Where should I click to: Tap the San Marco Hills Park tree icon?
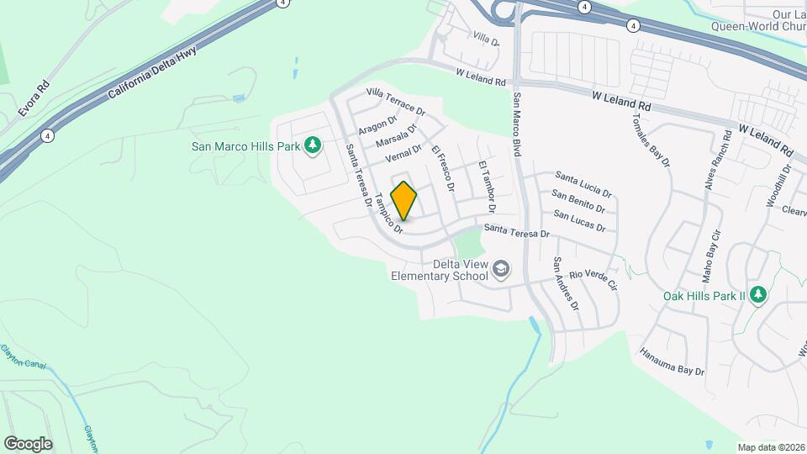tap(313, 146)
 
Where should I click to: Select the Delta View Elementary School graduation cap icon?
tap(501, 268)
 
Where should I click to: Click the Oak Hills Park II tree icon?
tap(758, 295)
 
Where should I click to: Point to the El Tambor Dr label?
tap(487, 186)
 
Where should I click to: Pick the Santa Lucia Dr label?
tap(585, 181)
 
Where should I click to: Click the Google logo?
tap(28, 443)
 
